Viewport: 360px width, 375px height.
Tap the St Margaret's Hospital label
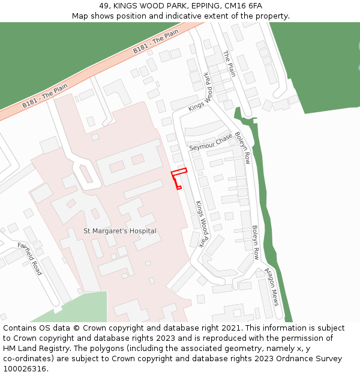119,231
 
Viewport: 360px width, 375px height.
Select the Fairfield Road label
29,259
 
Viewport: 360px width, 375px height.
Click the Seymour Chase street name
211,143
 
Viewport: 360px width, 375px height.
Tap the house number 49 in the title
104,6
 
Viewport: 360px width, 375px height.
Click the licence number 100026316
25,369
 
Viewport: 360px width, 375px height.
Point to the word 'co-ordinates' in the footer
28,359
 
